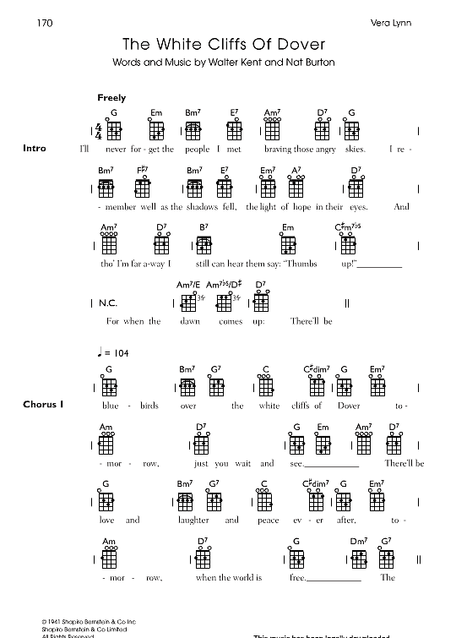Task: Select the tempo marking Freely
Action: point(111,98)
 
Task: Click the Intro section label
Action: point(35,149)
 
